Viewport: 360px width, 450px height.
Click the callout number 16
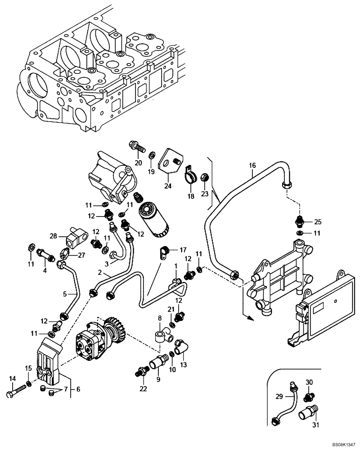(x=252, y=166)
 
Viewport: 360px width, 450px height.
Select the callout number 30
(x=309, y=382)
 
